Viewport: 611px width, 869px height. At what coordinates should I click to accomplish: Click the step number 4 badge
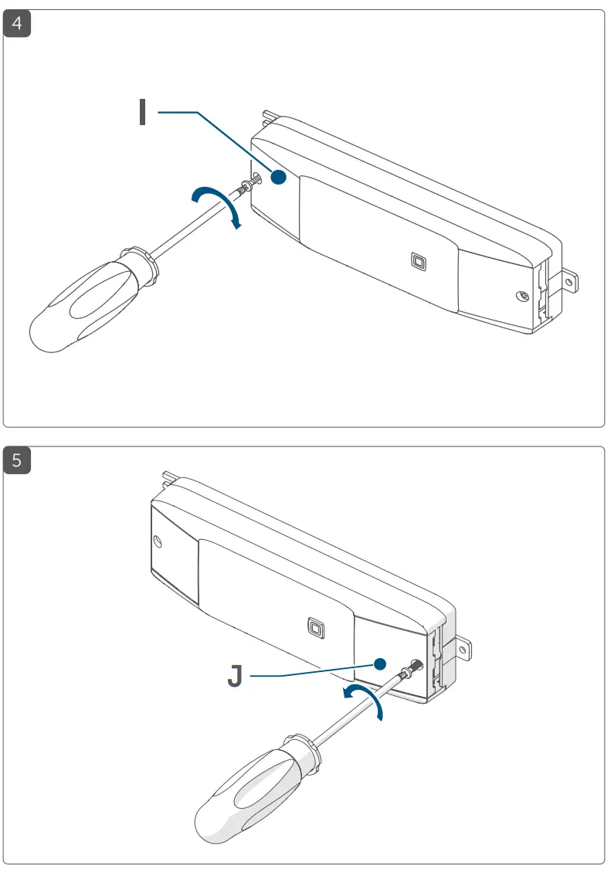(17, 23)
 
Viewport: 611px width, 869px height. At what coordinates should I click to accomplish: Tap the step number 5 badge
(17, 460)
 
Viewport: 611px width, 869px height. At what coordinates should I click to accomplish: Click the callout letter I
(142, 112)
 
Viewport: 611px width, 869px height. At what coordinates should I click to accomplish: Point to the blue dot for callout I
(279, 178)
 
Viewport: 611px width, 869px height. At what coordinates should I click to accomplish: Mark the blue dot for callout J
(379, 664)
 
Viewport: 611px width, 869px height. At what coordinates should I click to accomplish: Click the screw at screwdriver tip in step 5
(412, 665)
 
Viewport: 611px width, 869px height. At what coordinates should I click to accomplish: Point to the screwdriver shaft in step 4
(193, 224)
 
